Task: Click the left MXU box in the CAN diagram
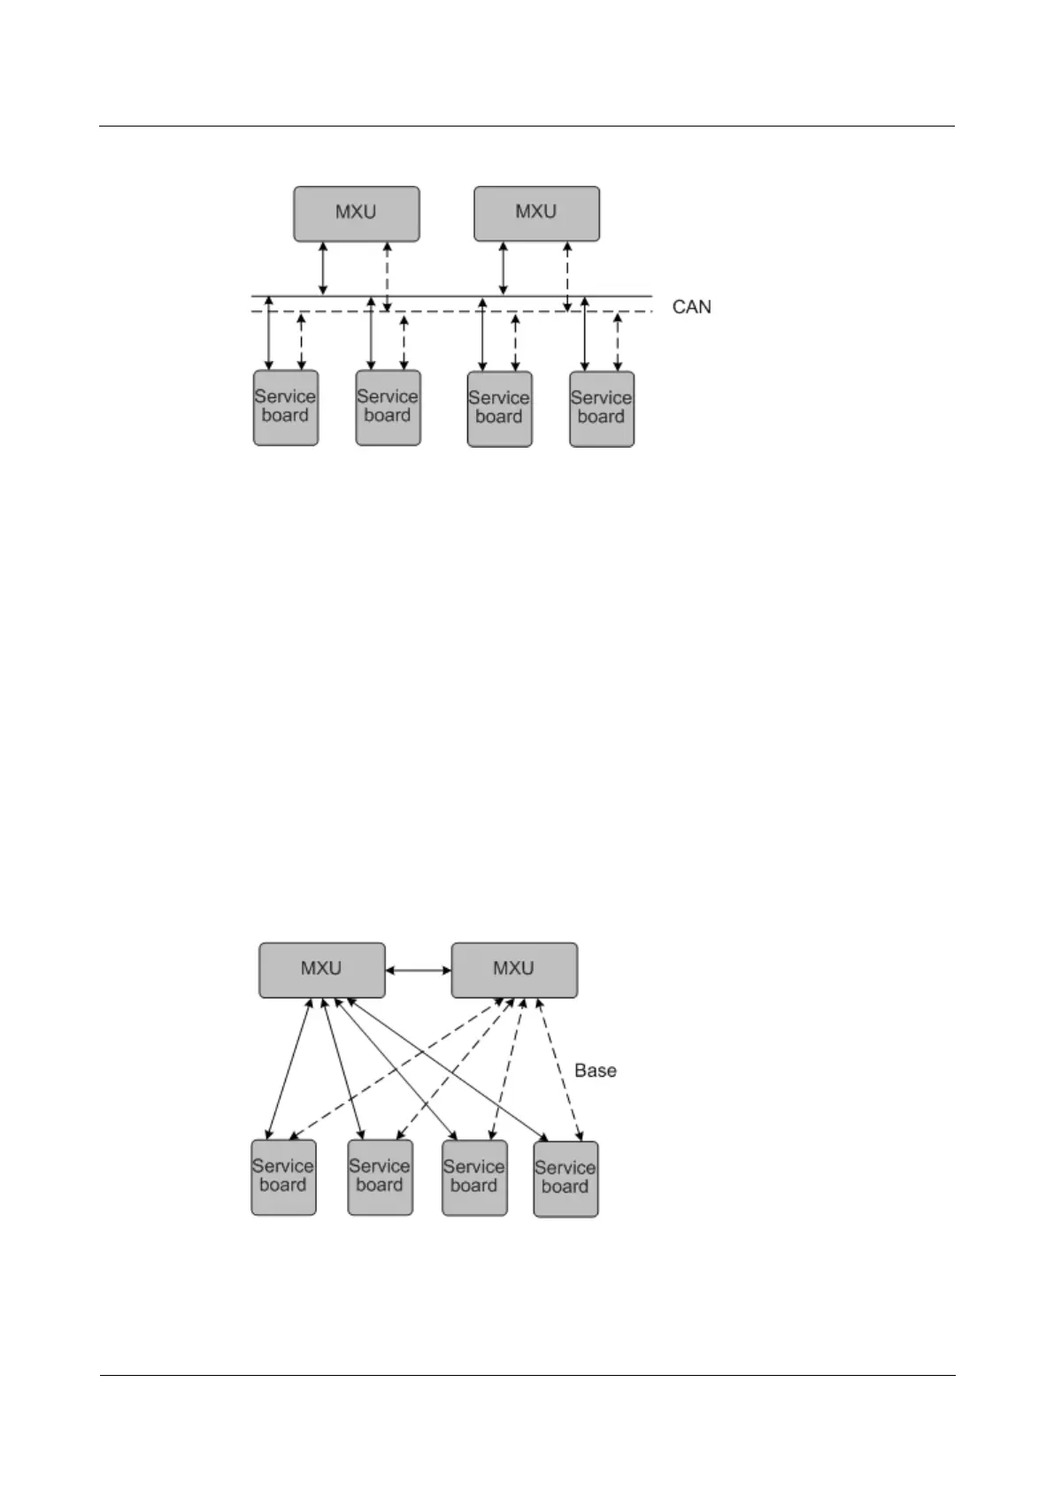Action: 356,213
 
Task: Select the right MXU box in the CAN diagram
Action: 536,213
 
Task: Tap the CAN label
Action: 691,307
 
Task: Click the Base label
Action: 596,1071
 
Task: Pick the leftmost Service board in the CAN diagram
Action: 285,407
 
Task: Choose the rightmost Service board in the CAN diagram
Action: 601,408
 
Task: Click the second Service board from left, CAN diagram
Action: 388,407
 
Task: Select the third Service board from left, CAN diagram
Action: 499,408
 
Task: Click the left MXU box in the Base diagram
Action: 321,969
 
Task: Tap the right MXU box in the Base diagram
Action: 514,969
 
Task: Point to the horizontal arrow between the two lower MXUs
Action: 419,970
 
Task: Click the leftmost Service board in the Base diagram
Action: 283,1177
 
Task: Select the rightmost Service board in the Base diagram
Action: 565,1178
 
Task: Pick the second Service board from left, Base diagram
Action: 380,1177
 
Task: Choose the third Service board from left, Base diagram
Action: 474,1177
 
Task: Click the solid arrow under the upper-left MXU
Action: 323,268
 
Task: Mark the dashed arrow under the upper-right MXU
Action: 567,276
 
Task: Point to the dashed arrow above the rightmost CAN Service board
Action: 618,342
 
